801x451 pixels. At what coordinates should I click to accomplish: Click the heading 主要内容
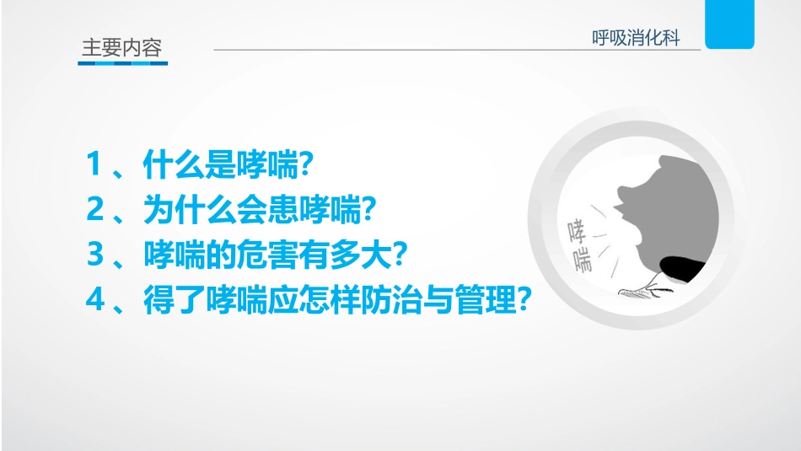point(121,47)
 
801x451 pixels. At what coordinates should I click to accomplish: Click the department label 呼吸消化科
point(636,38)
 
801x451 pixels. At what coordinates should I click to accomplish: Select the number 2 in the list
point(94,210)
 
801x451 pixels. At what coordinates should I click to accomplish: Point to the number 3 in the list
point(94,255)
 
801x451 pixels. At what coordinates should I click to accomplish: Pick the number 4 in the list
point(94,299)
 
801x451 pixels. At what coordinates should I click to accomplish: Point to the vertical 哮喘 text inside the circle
point(579,244)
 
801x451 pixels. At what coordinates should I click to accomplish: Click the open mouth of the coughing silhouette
point(620,216)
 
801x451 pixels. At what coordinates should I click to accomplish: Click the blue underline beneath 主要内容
point(122,62)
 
